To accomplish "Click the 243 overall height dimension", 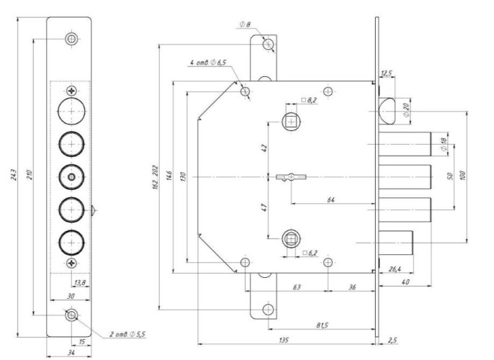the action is tap(14, 175).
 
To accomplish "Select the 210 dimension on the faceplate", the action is tap(29, 175).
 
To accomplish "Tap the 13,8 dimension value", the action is tap(80, 282).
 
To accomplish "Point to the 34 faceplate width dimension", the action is tap(71, 353).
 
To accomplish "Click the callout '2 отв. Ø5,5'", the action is tap(127, 334).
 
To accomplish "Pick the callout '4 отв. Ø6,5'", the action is tap(208, 63).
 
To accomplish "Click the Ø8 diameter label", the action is tap(245, 24).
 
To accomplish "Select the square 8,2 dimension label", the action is tap(309, 100).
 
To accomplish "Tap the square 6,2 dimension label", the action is tap(310, 253).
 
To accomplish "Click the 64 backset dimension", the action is tap(331, 199).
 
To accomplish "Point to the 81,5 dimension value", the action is tap(323, 325).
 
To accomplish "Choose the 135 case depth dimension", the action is tap(284, 340).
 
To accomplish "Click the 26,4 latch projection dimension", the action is tap(395, 269).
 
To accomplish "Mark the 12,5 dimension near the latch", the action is tap(386, 73).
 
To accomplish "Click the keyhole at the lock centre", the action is tap(291, 177).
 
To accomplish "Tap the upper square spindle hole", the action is tap(291, 122).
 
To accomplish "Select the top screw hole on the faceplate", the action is tap(71, 39).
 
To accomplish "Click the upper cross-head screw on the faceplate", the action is tap(72, 91).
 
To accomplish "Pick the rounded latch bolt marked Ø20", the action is tap(387, 111).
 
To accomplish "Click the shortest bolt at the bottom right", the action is tap(396, 243).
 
